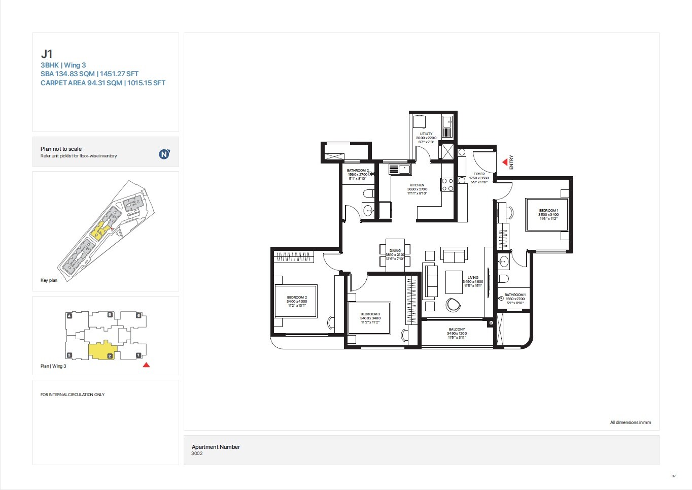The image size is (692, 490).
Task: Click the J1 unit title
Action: tap(47, 54)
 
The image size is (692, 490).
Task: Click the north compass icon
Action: tap(164, 154)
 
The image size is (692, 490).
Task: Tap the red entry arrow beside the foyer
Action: tap(505, 162)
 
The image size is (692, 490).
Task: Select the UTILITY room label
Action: tap(426, 134)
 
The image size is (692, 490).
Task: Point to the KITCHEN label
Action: tap(417, 185)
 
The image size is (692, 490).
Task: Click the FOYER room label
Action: tap(479, 174)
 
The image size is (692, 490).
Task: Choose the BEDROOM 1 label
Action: tap(548, 211)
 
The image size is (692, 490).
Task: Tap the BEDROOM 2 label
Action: tap(297, 298)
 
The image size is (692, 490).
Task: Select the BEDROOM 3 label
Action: tap(370, 314)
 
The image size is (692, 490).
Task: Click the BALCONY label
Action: tap(457, 330)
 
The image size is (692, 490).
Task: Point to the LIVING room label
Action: tap(473, 278)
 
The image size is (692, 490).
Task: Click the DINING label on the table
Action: tap(395, 251)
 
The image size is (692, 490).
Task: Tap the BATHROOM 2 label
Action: tap(358, 171)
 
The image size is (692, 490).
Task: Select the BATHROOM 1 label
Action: tap(515, 295)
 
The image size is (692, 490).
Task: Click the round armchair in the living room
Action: tap(453, 305)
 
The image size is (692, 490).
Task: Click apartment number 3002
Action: tap(197, 453)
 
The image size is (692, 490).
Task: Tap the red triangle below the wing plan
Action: tap(146, 365)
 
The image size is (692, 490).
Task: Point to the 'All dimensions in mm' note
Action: tap(630, 422)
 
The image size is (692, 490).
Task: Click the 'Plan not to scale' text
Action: tap(61, 149)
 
